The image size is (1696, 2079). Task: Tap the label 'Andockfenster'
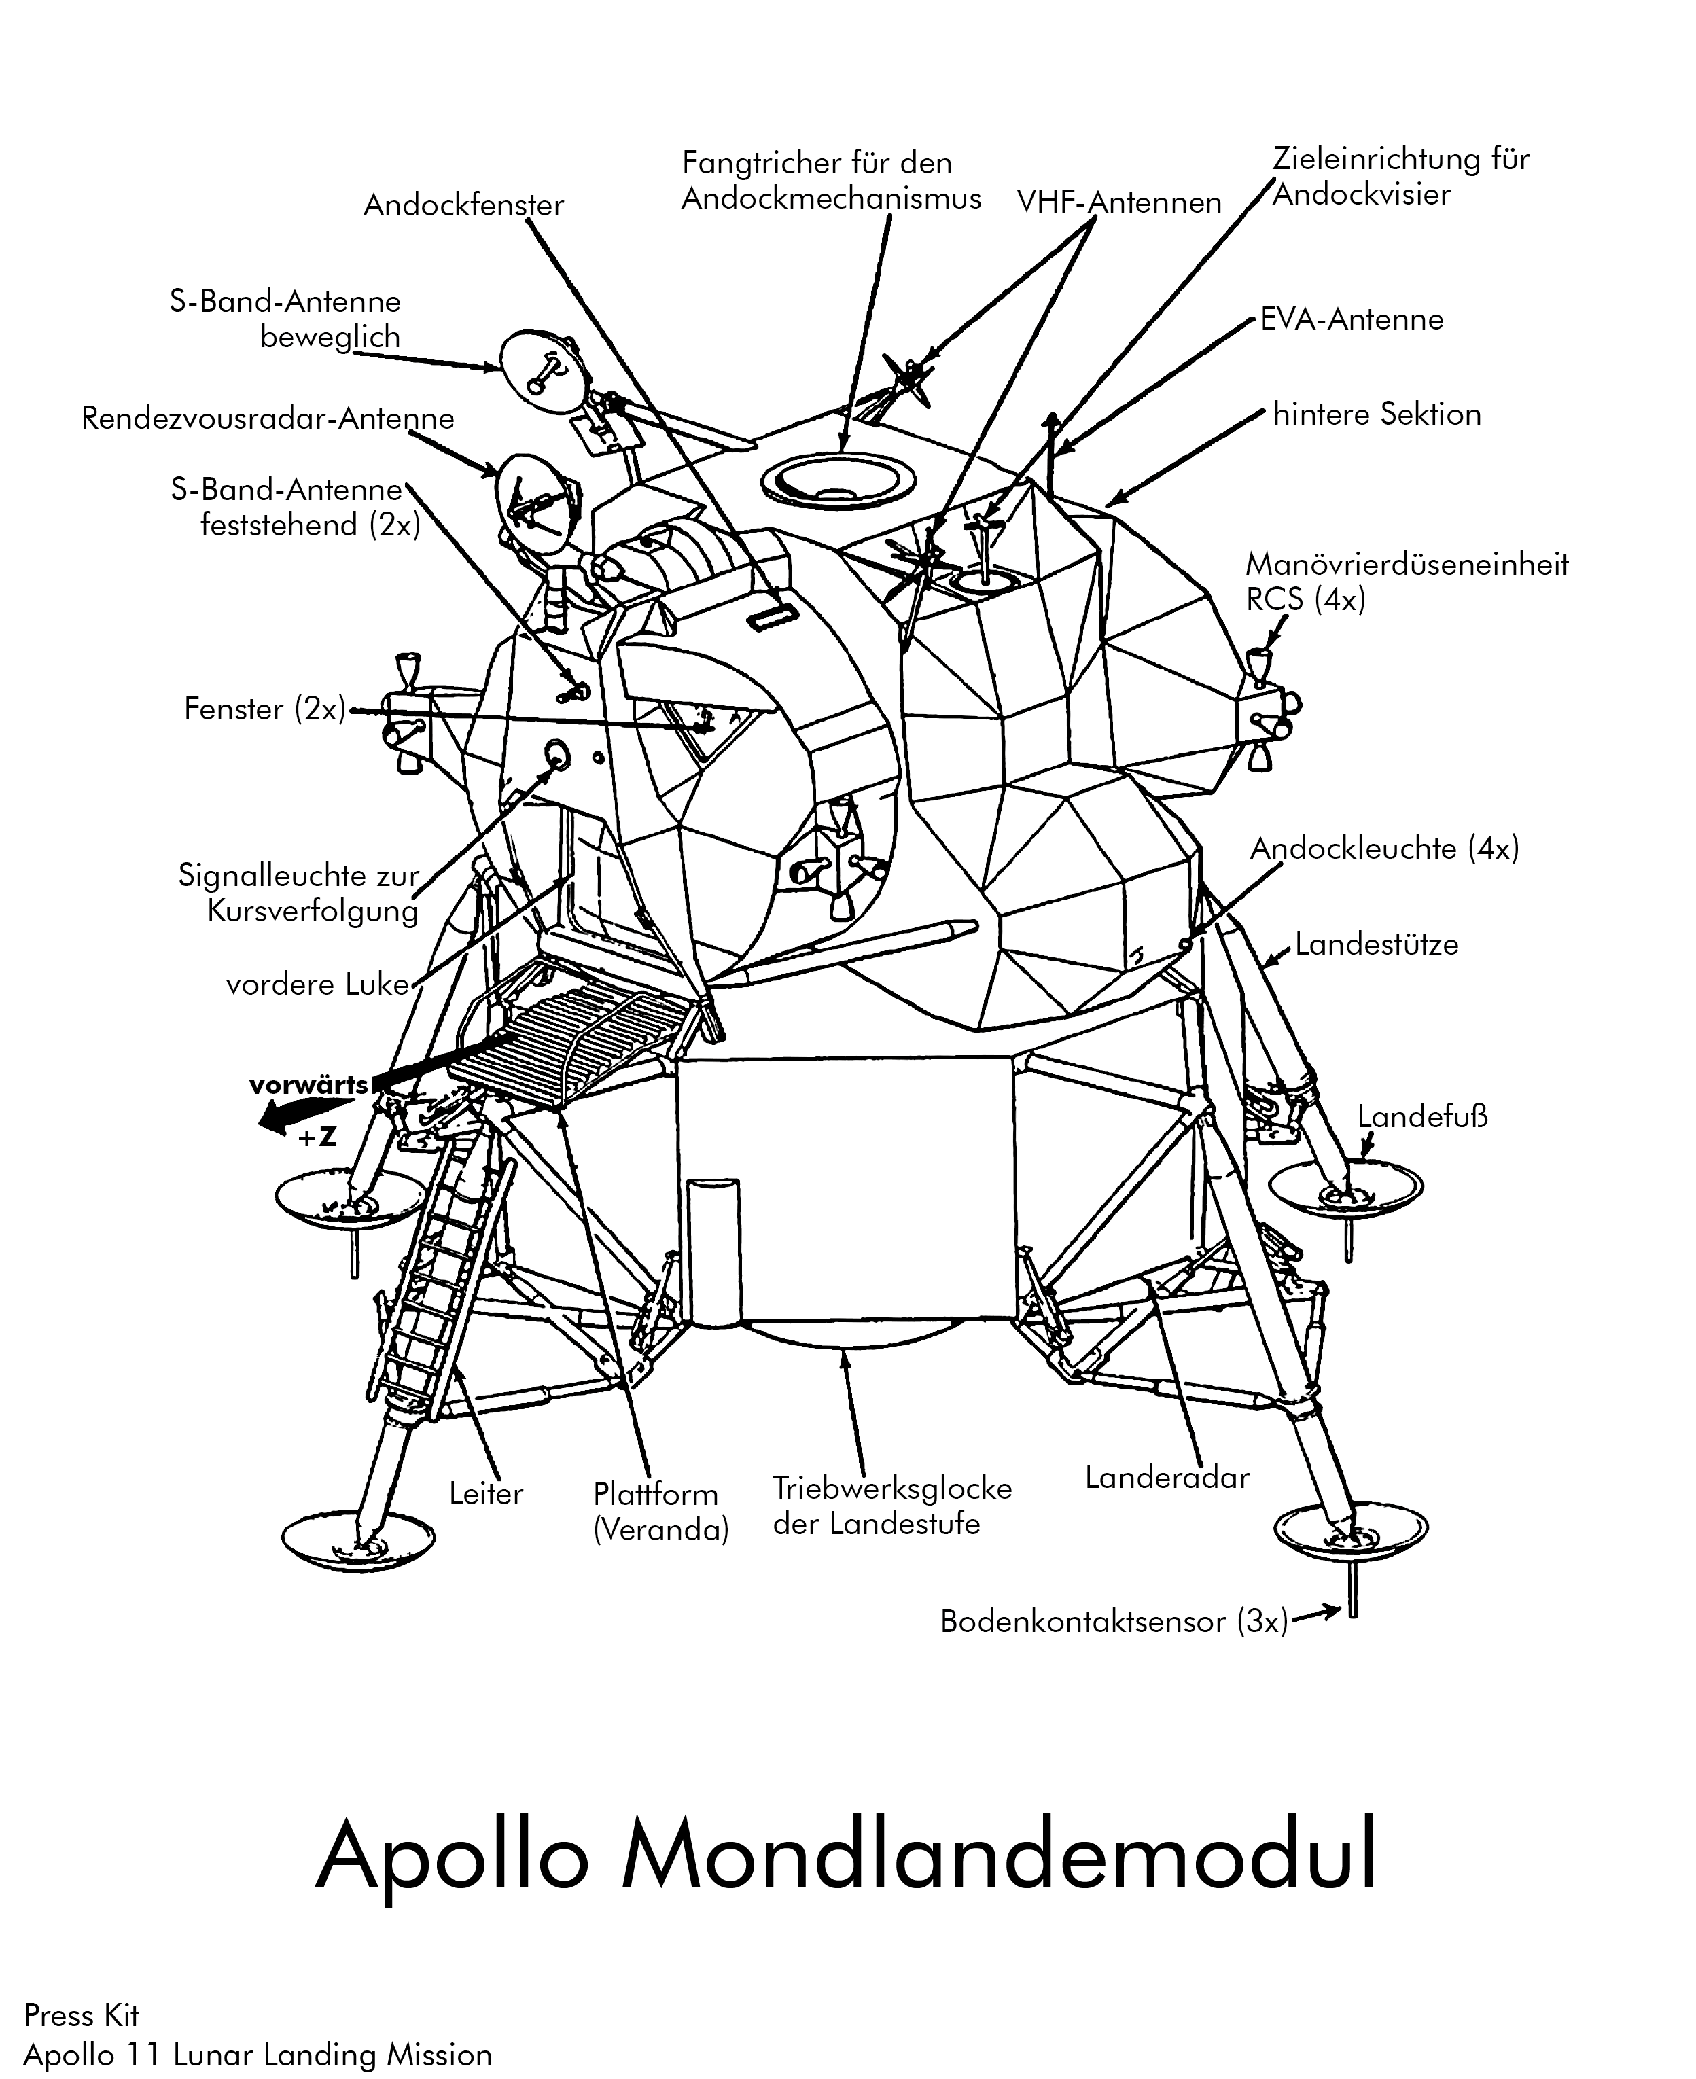pyautogui.click(x=463, y=205)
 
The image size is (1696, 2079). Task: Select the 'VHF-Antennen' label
pyautogui.click(x=1118, y=202)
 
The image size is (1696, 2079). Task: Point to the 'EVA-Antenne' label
pyautogui.click(x=1351, y=319)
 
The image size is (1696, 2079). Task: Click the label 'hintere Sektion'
pyautogui.click(x=1377, y=414)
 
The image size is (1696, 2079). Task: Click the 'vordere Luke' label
pyautogui.click(x=317, y=984)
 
